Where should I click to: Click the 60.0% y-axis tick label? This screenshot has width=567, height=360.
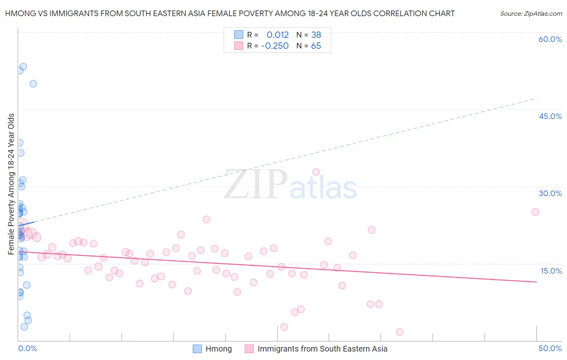click(550, 39)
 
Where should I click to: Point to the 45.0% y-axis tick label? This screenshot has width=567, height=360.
click(550, 116)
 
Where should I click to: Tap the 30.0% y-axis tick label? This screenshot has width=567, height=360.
click(550, 193)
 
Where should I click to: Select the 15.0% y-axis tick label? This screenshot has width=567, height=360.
click(551, 271)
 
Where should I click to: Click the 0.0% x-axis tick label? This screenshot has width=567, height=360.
click(27, 348)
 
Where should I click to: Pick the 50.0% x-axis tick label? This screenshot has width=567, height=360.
click(550, 348)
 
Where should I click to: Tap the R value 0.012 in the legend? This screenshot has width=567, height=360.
click(277, 35)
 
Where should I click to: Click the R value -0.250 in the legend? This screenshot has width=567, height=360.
click(275, 46)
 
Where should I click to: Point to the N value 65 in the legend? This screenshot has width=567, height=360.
click(316, 46)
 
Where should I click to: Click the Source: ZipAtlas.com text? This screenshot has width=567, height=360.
click(531, 14)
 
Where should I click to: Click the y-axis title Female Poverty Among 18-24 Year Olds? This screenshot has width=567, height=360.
click(11, 184)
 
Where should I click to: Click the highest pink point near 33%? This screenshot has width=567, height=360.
click(316, 172)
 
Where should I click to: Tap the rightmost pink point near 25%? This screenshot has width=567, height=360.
click(535, 212)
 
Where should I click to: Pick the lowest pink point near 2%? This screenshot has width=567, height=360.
click(400, 332)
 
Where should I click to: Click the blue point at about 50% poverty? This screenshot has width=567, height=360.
click(33, 84)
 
